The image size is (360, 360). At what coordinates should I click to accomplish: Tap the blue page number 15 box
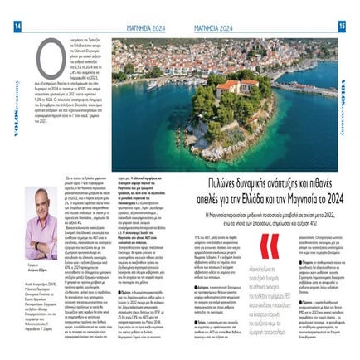pos(342,26)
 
